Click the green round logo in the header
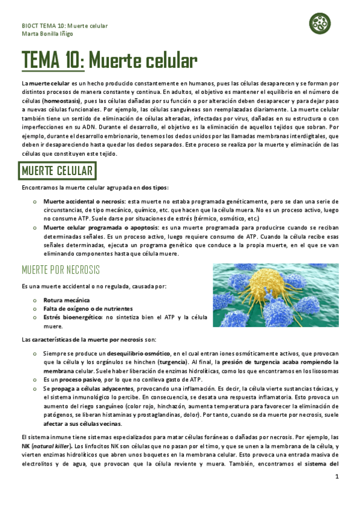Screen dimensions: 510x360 [x=320, y=24]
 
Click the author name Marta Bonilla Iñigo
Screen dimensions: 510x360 [x=47, y=34]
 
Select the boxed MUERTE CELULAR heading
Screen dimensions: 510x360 [x=58, y=171]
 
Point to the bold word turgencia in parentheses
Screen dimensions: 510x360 [x=172, y=362]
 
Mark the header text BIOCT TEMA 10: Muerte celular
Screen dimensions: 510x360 [x=65, y=26]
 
